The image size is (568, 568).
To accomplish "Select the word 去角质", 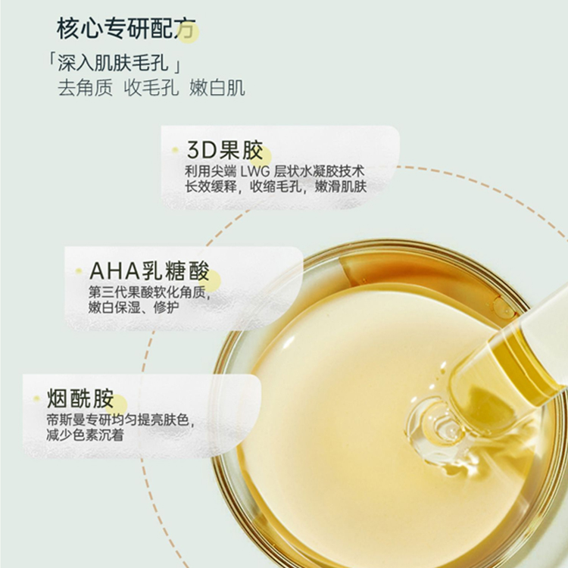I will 85,87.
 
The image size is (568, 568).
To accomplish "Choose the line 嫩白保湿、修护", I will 136,307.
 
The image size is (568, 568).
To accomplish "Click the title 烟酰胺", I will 80,399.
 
